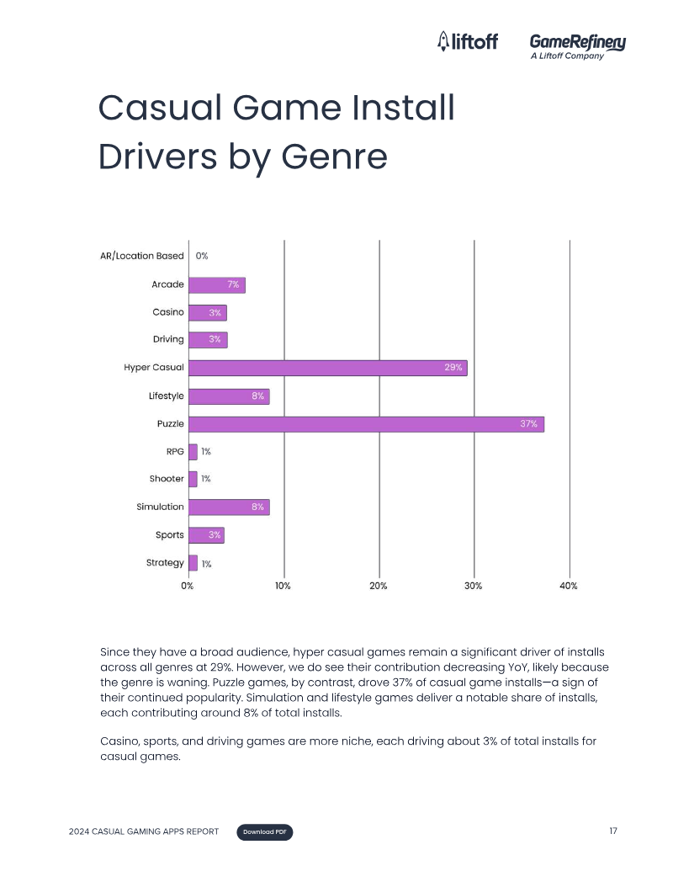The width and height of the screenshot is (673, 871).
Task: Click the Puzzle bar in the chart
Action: [366, 424]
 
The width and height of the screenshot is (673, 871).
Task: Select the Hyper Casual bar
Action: [327, 368]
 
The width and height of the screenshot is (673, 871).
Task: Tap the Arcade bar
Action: [216, 285]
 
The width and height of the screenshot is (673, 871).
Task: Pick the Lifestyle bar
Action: [228, 396]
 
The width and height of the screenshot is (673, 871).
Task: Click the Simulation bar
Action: [228, 507]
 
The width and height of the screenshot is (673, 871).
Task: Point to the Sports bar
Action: [206, 535]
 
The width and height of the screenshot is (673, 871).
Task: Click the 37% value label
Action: [528, 424]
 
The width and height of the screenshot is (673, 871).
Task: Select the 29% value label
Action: [453, 368]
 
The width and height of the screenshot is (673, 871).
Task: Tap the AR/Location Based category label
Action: [141, 256]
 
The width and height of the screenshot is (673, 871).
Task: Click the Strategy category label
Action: [165, 563]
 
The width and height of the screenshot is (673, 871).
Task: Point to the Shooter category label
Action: [167, 480]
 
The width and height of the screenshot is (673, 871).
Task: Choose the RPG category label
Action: [175, 452]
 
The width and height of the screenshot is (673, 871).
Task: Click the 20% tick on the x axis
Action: [379, 586]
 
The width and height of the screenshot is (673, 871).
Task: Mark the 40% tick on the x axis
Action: [569, 586]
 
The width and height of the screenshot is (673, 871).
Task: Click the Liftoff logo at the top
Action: [468, 41]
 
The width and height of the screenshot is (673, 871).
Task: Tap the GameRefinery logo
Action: [577, 45]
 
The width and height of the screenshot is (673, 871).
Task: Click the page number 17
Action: [613, 831]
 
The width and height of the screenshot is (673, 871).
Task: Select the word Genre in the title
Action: [334, 157]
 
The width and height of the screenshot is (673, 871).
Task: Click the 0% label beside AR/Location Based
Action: [202, 256]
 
